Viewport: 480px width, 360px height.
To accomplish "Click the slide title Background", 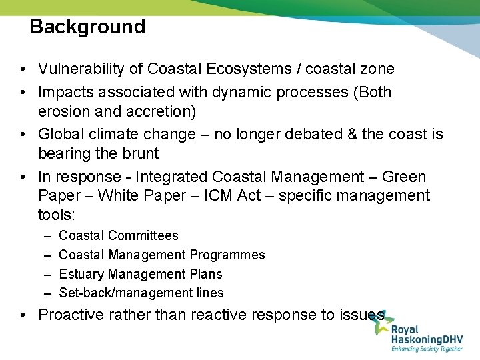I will coord(87,27).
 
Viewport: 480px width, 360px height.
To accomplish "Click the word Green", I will coord(404,177).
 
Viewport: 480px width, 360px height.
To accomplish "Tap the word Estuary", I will coord(81,274).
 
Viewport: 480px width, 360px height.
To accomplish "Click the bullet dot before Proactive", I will coord(23,315).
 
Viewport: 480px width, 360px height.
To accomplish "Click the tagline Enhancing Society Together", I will coord(427,348).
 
